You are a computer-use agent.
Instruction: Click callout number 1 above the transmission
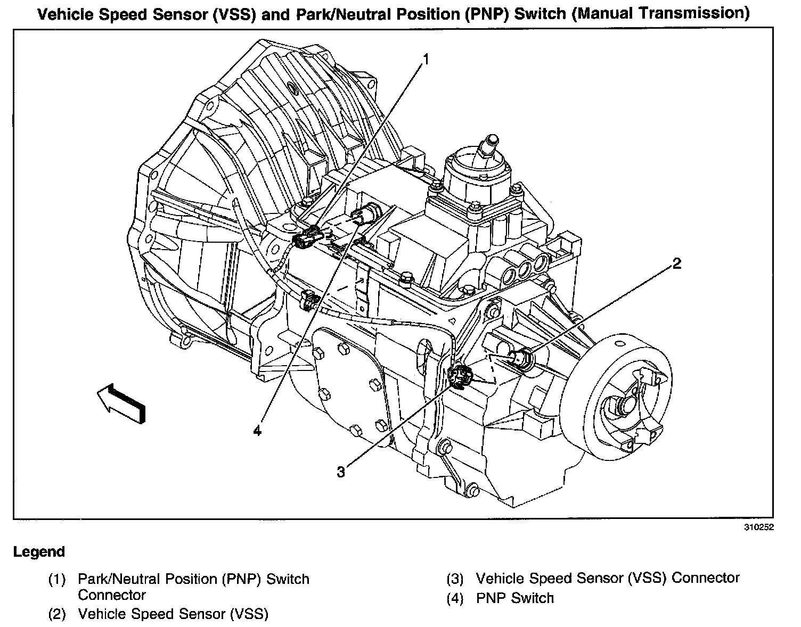[426, 60]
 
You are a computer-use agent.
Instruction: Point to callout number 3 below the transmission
[341, 472]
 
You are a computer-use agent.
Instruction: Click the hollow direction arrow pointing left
[120, 404]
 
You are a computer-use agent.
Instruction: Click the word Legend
[39, 552]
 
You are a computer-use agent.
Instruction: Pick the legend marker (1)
[56, 579]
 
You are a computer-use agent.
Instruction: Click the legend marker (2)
[56, 614]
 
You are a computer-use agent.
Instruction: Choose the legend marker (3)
[455, 579]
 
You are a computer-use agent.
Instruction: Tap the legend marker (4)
[455, 598]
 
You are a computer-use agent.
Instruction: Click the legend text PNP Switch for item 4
[514, 598]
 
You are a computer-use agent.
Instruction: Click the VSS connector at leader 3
[459, 377]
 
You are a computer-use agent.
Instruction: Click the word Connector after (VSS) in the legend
[706, 578]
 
